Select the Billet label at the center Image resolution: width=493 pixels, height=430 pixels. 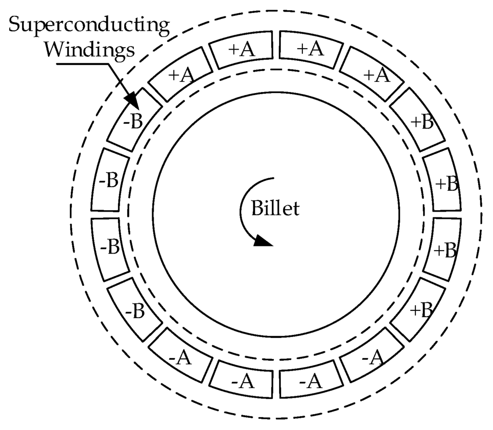pos(275,209)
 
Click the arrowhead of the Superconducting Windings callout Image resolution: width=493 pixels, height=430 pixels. pos(132,101)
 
